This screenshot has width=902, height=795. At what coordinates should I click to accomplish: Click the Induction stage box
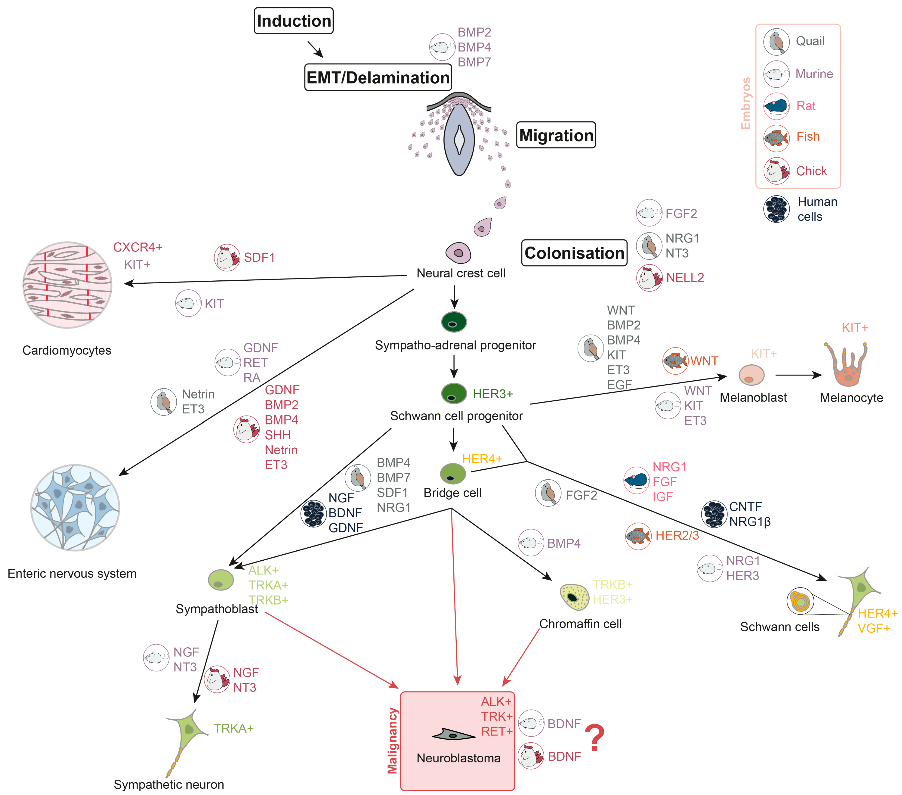click(x=293, y=21)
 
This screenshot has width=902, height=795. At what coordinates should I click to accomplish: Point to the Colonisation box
click(x=574, y=253)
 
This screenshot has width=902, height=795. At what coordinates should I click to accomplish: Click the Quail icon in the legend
click(x=776, y=42)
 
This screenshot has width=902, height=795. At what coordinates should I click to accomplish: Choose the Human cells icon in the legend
click(x=776, y=209)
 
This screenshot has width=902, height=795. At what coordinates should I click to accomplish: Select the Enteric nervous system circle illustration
click(x=75, y=507)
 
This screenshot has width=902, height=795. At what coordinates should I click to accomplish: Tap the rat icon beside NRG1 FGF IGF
click(x=636, y=480)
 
